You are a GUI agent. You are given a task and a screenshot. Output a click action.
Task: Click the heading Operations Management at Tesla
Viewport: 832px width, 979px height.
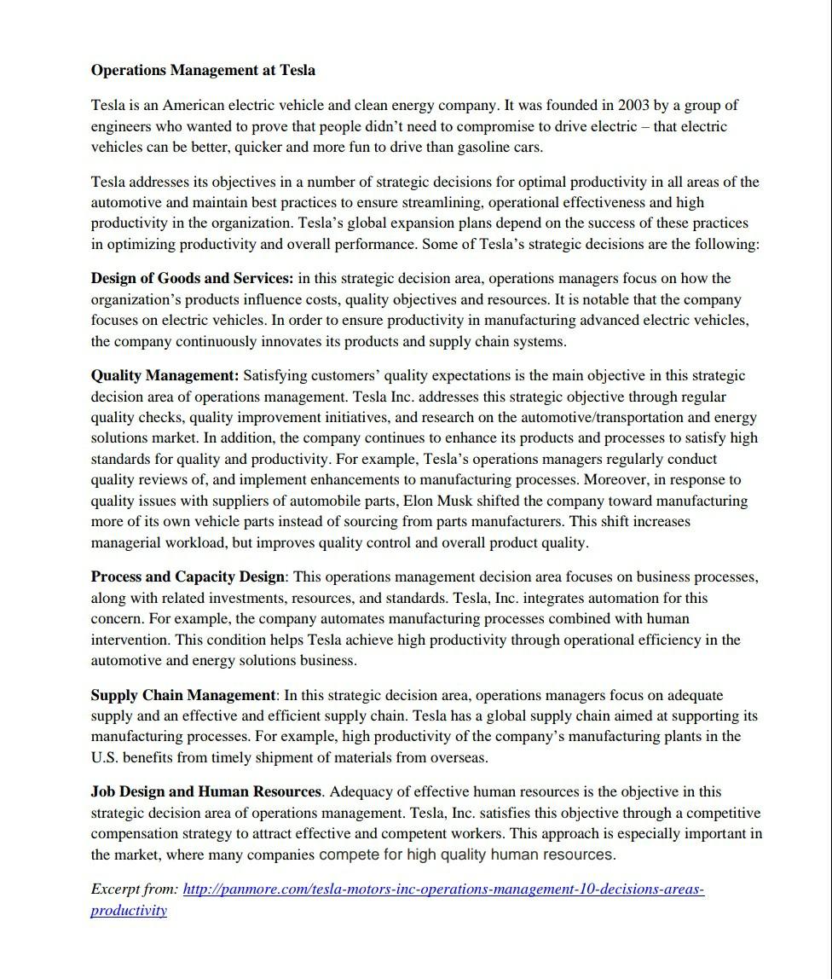click(x=203, y=70)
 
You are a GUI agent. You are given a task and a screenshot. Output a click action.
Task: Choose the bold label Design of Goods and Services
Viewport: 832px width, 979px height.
click(x=192, y=278)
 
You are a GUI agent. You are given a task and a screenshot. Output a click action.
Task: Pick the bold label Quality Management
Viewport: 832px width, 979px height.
click(x=165, y=375)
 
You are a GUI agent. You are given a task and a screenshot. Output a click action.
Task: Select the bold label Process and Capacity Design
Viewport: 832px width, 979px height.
click(x=188, y=576)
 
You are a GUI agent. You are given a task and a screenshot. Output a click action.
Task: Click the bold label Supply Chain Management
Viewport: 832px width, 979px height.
click(x=183, y=695)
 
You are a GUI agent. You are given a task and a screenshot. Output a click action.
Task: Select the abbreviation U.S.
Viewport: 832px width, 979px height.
click(x=105, y=757)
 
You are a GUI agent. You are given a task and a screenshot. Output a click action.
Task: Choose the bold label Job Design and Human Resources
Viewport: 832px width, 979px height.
click(x=205, y=791)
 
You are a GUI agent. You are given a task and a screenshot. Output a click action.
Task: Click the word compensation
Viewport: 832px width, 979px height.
click(x=135, y=833)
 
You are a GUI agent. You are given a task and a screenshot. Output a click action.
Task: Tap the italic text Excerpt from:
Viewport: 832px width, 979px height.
click(x=135, y=889)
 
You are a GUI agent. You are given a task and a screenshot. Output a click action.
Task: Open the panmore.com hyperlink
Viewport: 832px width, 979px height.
click(x=443, y=889)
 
